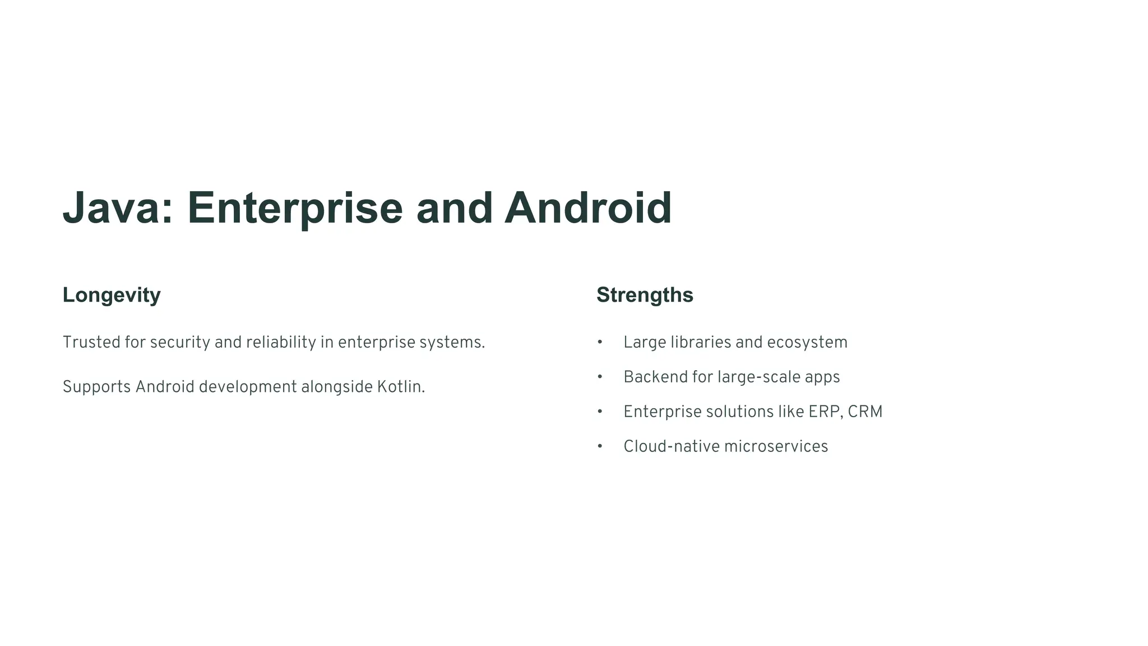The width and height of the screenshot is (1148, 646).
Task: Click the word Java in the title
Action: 112,209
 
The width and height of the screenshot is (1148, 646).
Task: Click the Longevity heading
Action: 112,295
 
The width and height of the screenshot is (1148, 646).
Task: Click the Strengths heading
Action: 645,295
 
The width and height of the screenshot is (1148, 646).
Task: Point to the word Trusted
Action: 91,342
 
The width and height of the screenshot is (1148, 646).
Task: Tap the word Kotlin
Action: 400,387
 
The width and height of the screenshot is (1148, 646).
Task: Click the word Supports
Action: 96,387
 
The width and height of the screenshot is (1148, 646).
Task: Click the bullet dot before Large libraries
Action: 600,342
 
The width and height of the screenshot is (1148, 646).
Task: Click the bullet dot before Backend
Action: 600,377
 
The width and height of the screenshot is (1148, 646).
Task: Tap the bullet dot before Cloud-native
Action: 600,446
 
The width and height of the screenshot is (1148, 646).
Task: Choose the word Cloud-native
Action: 671,446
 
